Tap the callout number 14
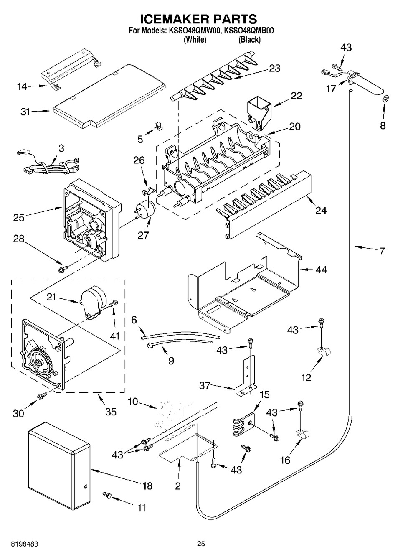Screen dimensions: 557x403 pos(22,86)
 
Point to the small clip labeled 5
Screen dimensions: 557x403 pos(157,125)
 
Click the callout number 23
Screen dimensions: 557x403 pos(274,68)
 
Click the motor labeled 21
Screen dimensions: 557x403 pos(94,300)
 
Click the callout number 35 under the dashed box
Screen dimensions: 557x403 pos(110,412)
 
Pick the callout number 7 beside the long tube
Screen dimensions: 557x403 pos(381,251)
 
